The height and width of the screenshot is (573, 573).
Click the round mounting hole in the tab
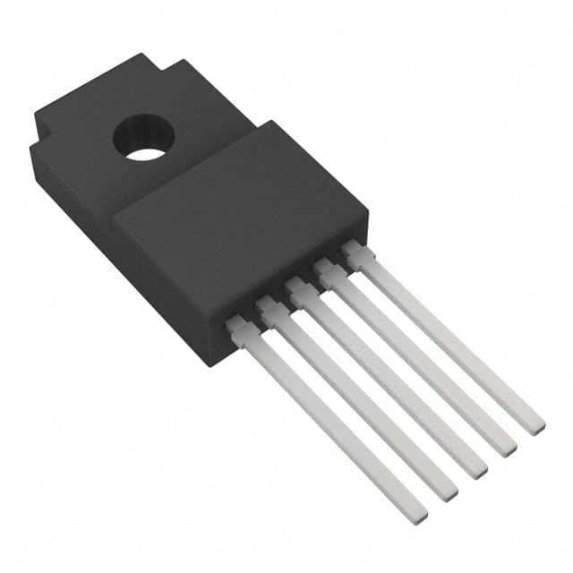pos(145,142)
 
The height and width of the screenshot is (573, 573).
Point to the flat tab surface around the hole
pos(90,121)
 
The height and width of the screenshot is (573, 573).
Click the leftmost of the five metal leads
pos(322,421)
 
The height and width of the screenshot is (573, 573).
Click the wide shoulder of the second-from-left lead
pos(269,310)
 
